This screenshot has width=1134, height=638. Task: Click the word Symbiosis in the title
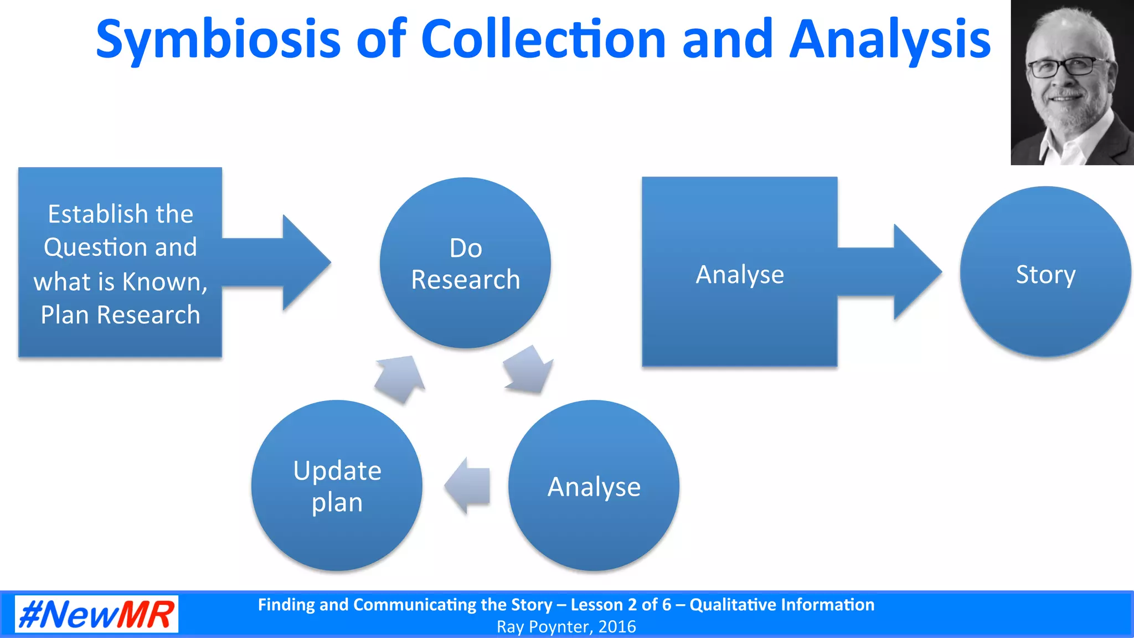pos(218,40)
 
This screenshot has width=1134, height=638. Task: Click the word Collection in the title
pos(543,40)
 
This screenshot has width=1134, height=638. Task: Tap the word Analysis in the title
pos(890,40)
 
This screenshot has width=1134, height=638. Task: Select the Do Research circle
pos(465,263)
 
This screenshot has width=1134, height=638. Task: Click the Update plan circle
pos(337,486)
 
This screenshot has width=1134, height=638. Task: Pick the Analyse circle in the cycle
pos(594,486)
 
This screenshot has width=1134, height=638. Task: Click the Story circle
pos(1045,272)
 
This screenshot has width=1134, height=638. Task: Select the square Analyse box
pos(739,272)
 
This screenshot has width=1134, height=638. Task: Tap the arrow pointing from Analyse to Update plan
pos(468,486)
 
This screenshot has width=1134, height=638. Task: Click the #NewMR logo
pos(96,614)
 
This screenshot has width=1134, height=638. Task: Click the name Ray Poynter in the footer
pos(545,627)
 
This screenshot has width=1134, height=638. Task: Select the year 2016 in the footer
pos(617,627)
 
